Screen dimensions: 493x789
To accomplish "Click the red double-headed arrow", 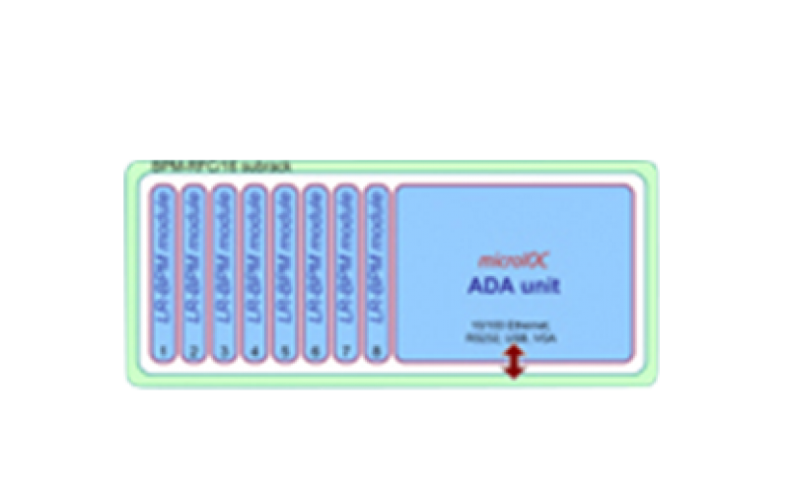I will (x=513, y=366).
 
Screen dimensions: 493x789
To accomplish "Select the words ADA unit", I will (x=513, y=287).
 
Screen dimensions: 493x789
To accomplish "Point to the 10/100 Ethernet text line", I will (x=513, y=324).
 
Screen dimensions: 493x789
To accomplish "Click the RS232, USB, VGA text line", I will (x=513, y=336).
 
